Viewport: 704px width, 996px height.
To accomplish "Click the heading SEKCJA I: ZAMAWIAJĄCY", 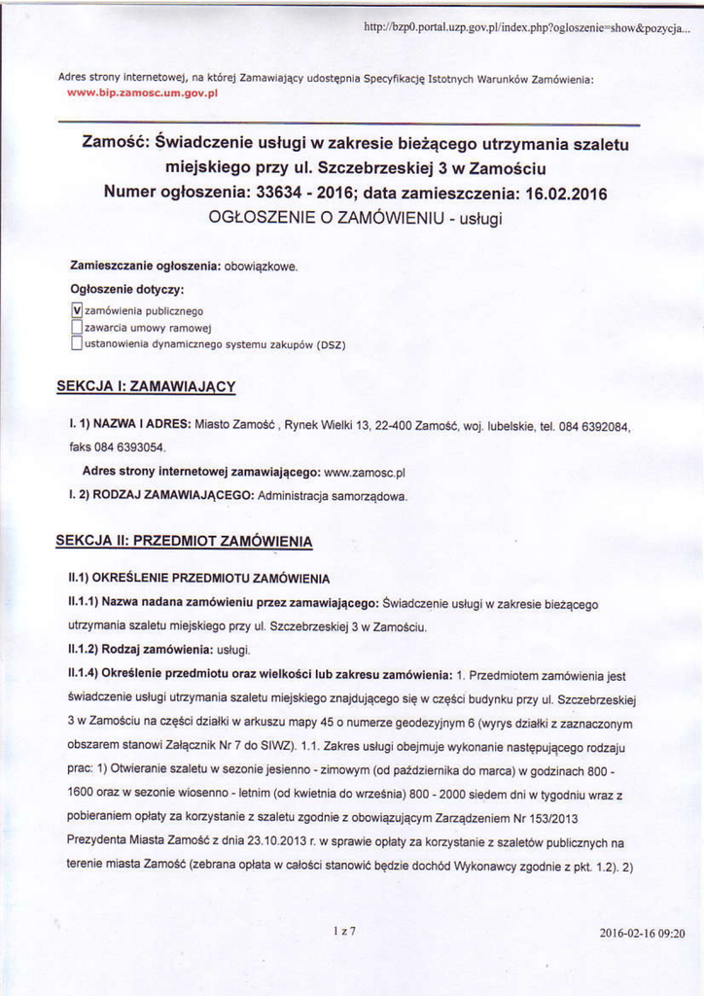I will [146, 386].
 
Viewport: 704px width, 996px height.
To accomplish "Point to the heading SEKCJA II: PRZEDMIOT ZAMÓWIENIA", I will [184, 540].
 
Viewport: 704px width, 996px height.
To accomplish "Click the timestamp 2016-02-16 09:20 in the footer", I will [642, 933].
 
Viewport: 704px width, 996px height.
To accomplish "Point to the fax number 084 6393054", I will [129, 448].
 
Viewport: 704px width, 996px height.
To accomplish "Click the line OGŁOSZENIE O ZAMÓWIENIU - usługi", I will [354, 219].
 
